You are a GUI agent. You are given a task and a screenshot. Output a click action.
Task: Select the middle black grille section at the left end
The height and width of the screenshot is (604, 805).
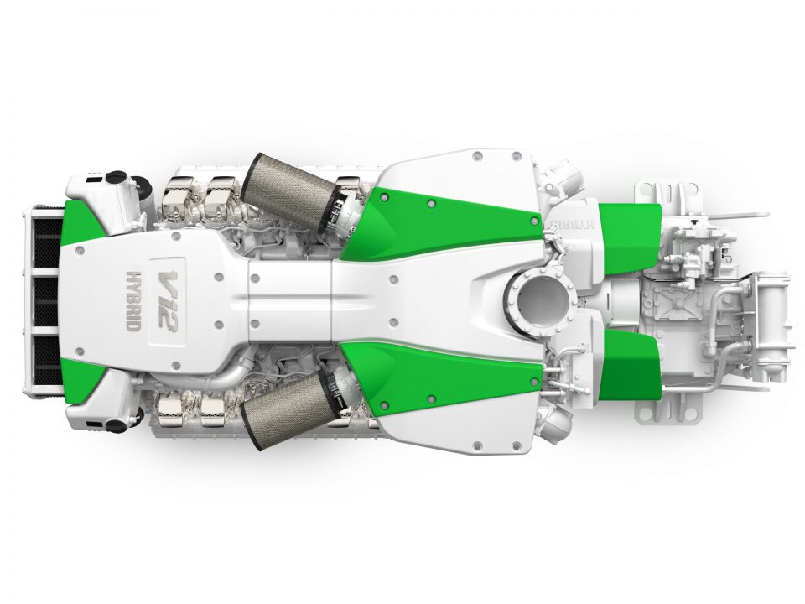[x=45, y=301]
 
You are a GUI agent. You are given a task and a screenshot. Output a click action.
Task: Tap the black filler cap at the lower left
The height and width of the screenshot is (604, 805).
[x=116, y=426]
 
